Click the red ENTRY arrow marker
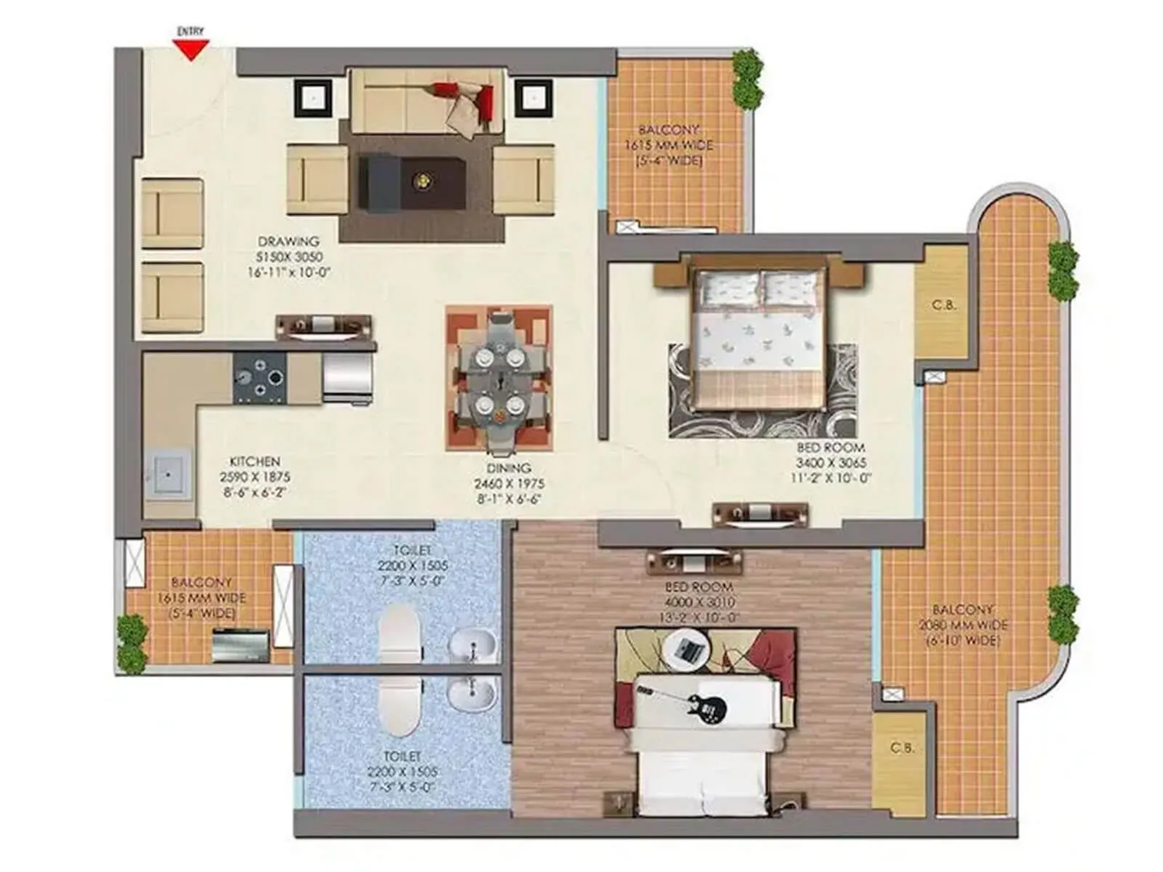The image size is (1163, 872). (x=190, y=50)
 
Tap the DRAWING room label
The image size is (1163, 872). (x=289, y=241)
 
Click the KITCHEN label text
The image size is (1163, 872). (x=254, y=461)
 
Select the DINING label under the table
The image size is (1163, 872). (x=509, y=468)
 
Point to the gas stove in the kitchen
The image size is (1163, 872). (x=259, y=377)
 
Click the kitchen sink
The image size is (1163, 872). (x=168, y=474)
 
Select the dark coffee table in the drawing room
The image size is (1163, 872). (x=413, y=182)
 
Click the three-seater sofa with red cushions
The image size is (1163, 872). (x=427, y=102)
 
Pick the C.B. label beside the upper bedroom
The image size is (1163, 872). (x=943, y=305)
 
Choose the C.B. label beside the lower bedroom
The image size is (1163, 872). (x=902, y=748)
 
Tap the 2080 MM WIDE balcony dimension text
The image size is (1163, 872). (x=962, y=625)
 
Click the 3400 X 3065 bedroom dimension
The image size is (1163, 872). (x=831, y=463)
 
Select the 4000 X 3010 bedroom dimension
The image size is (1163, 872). (x=699, y=602)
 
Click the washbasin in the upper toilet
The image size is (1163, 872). (x=472, y=644)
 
